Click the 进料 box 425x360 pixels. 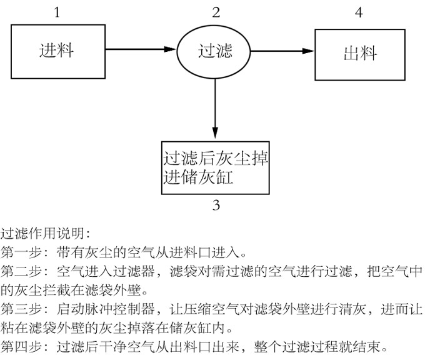pos(57,50)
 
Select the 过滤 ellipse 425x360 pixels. pos(215,50)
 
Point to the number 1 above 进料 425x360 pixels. pos(57,11)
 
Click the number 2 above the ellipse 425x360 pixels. pos(216,11)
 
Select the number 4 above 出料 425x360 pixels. pos(358,11)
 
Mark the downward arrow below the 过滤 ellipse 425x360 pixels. pos(215,106)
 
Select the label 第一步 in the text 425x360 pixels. pos(22,253)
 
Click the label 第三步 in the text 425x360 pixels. pos(22,308)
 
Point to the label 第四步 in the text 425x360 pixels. pos(22,345)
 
